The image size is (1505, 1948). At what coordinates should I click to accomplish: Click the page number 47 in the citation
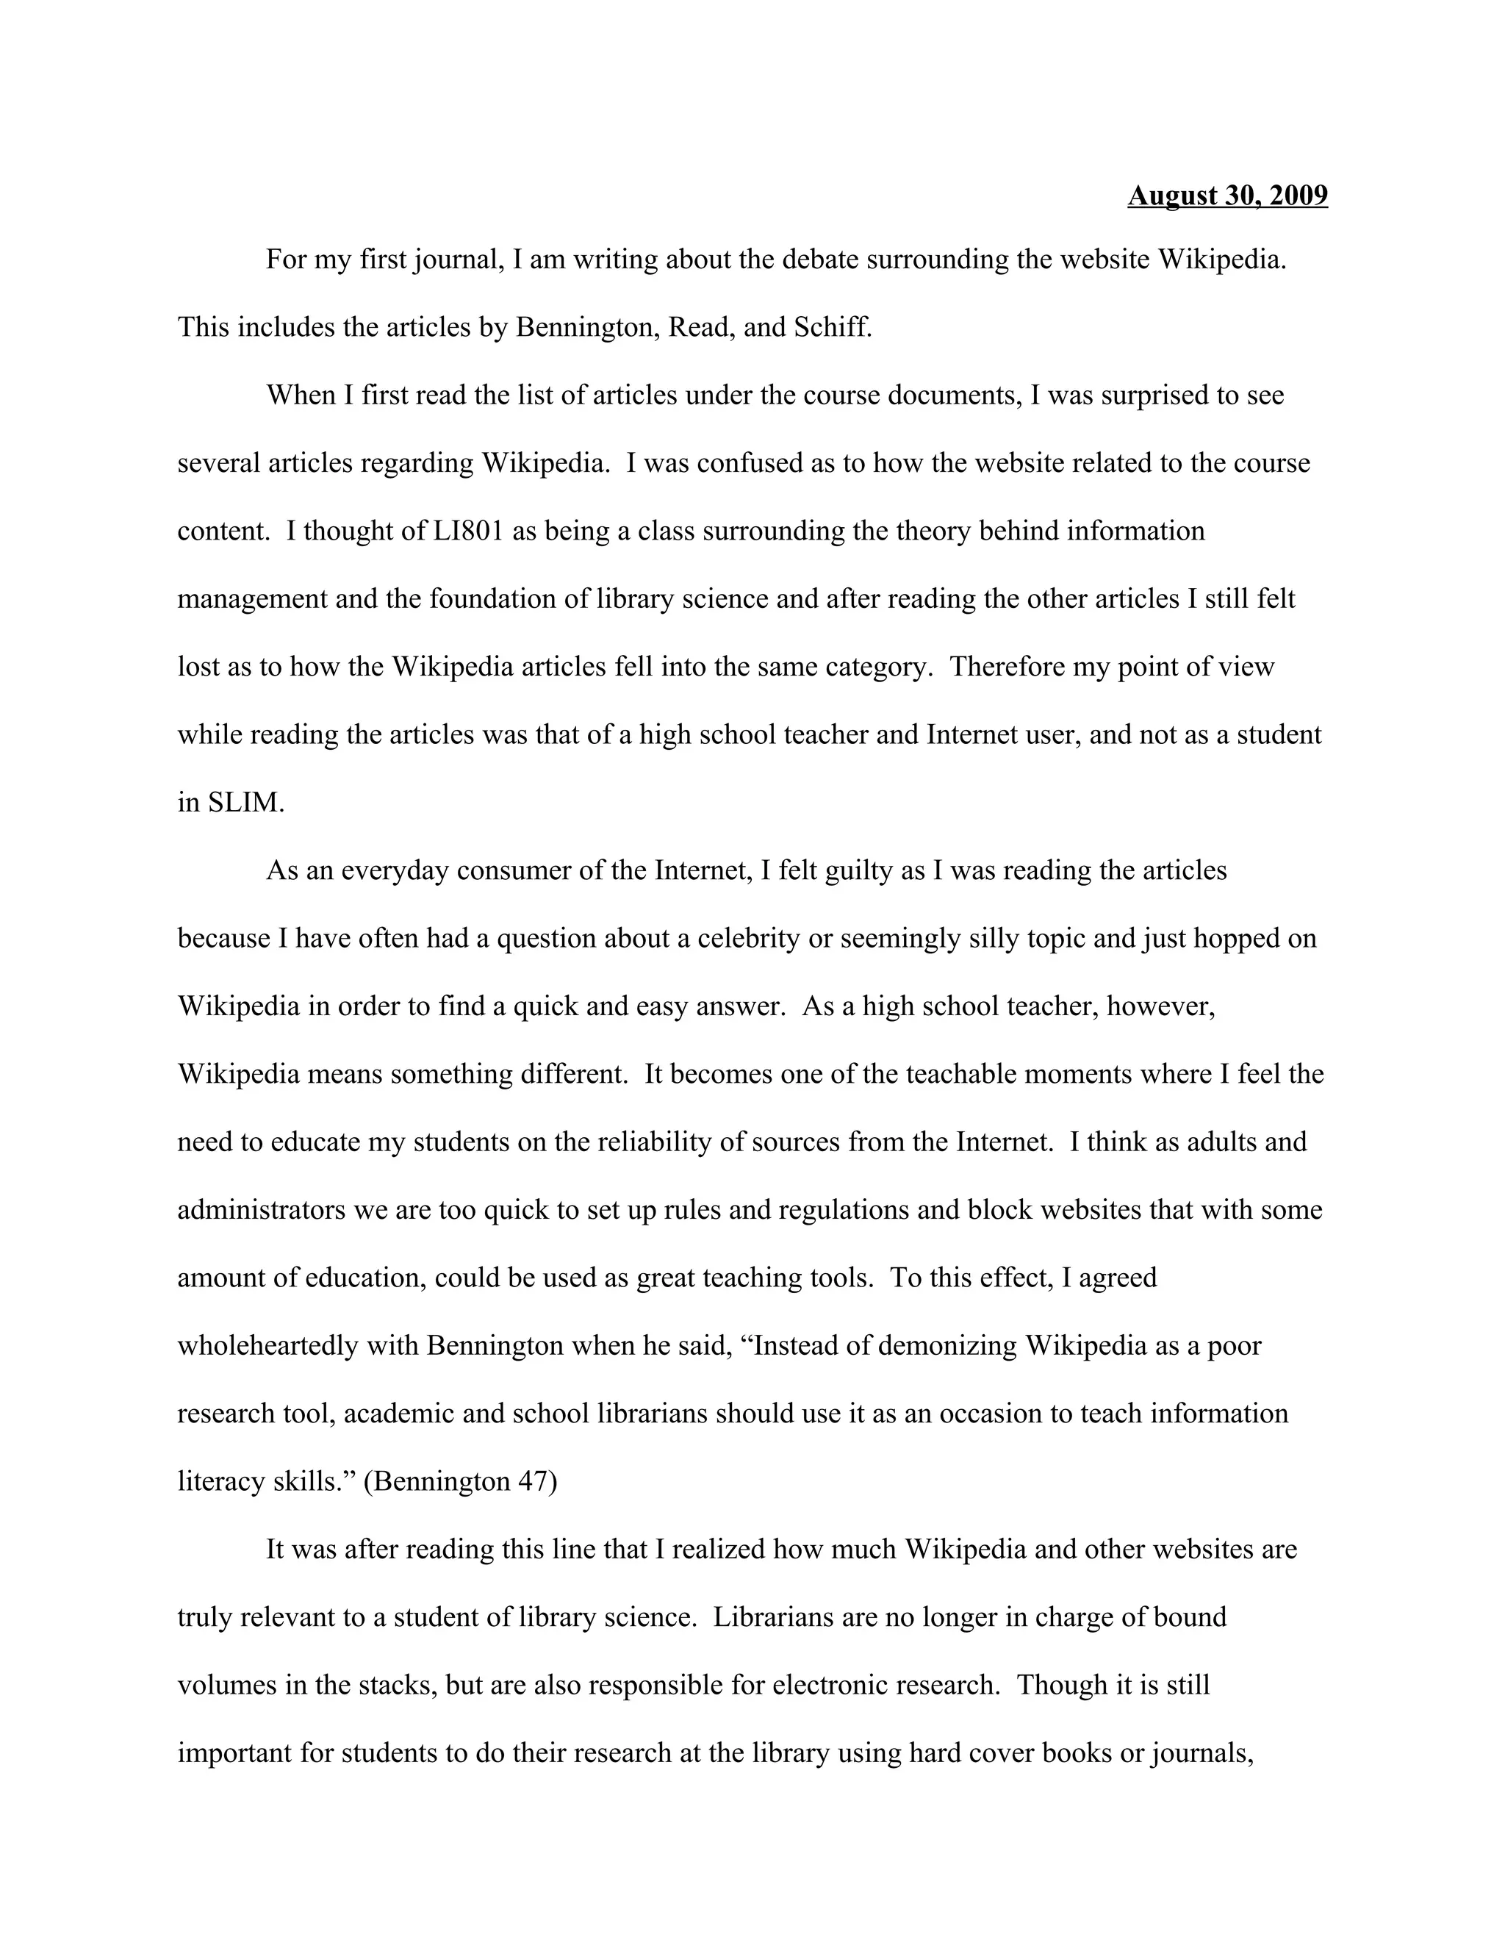click(534, 1480)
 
